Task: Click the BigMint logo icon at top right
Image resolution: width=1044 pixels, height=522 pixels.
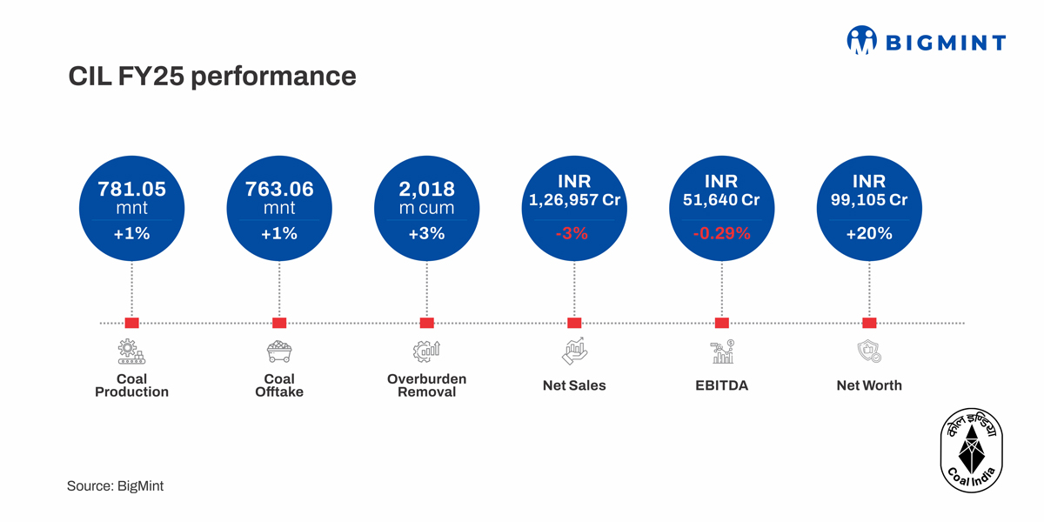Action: tap(861, 41)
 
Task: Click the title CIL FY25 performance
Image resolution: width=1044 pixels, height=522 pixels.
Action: tap(212, 77)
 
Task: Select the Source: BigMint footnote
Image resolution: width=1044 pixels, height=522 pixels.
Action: tap(115, 486)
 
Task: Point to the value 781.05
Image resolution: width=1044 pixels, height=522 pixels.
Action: tap(131, 189)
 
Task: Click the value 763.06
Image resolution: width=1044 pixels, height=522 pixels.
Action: tap(279, 189)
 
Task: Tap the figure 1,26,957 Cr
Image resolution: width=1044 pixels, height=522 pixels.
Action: tap(574, 200)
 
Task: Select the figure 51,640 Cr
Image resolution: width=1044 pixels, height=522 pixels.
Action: tap(721, 200)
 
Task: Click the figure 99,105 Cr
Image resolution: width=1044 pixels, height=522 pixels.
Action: tap(868, 200)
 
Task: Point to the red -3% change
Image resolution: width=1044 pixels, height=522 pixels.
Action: tap(574, 233)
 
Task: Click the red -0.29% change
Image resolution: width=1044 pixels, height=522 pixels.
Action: tap(721, 233)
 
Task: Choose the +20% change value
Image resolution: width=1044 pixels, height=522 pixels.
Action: tap(868, 233)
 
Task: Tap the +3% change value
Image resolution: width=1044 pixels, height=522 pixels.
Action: tap(426, 233)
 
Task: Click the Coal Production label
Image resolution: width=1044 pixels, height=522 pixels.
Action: tap(131, 385)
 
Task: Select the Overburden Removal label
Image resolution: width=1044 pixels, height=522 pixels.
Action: tap(426, 385)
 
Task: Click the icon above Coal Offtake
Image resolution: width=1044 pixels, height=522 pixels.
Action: tap(279, 351)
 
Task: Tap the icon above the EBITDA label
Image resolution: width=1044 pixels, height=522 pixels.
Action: tap(721, 351)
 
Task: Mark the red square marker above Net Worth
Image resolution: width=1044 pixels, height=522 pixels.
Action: tap(868, 323)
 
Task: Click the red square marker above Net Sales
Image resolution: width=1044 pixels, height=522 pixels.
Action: tap(574, 323)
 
